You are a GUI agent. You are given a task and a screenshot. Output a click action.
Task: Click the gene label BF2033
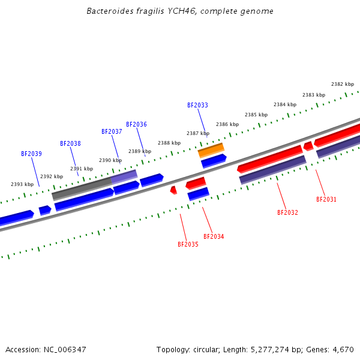(197, 106)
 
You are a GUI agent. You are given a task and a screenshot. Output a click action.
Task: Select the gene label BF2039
(31, 154)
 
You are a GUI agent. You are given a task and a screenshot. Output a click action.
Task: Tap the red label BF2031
(326, 200)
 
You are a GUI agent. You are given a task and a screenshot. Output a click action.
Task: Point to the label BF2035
(188, 245)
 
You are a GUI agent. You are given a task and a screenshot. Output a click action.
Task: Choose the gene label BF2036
(136, 125)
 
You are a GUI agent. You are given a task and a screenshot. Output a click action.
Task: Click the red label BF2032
(287, 213)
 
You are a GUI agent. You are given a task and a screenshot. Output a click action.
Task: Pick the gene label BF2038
(70, 144)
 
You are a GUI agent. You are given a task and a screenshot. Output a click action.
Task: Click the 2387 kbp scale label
(198, 134)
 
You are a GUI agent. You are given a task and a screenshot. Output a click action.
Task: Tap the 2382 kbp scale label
(343, 85)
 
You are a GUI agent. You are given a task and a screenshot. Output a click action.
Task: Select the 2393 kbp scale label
(22, 185)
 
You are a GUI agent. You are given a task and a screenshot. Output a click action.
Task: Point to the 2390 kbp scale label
(110, 161)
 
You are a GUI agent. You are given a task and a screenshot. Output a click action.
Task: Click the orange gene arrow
(211, 150)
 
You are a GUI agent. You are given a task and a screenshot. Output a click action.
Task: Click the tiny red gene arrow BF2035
(173, 190)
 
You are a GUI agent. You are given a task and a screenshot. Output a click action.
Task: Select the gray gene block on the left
(82, 188)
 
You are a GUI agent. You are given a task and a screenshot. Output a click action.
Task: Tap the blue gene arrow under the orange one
(214, 160)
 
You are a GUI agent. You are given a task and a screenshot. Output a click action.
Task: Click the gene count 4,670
(342, 350)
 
